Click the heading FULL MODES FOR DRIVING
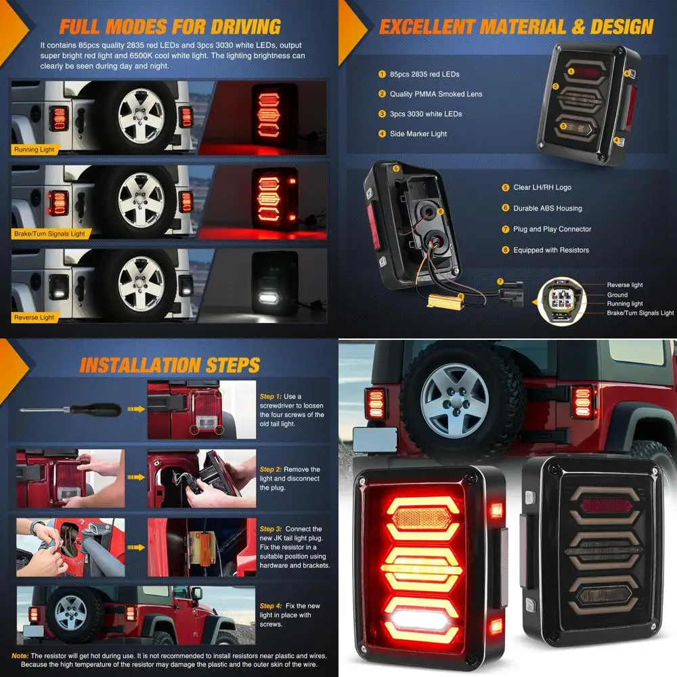[x=169, y=26]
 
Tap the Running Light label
[x=35, y=149]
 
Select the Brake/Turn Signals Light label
[x=49, y=234]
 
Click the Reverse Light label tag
[x=34, y=318]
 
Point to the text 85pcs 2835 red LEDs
[x=424, y=74]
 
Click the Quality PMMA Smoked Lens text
[x=436, y=94]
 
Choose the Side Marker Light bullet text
[x=418, y=134]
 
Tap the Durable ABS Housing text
[x=547, y=209]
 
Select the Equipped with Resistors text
[x=550, y=250]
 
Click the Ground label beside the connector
[x=617, y=295]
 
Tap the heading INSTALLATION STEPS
[x=169, y=366]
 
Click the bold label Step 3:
[x=271, y=529]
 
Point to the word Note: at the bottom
[x=20, y=655]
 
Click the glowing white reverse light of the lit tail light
[x=420, y=621]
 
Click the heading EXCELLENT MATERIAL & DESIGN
[x=516, y=26]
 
